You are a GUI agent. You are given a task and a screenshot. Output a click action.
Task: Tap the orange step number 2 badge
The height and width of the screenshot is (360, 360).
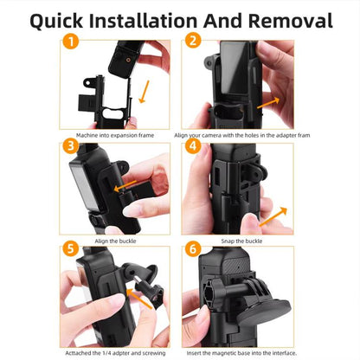click(x=192, y=40)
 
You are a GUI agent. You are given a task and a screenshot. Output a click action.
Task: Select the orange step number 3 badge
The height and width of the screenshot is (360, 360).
click(x=72, y=145)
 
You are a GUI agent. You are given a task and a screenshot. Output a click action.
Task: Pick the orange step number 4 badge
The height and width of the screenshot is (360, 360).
click(x=192, y=147)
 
